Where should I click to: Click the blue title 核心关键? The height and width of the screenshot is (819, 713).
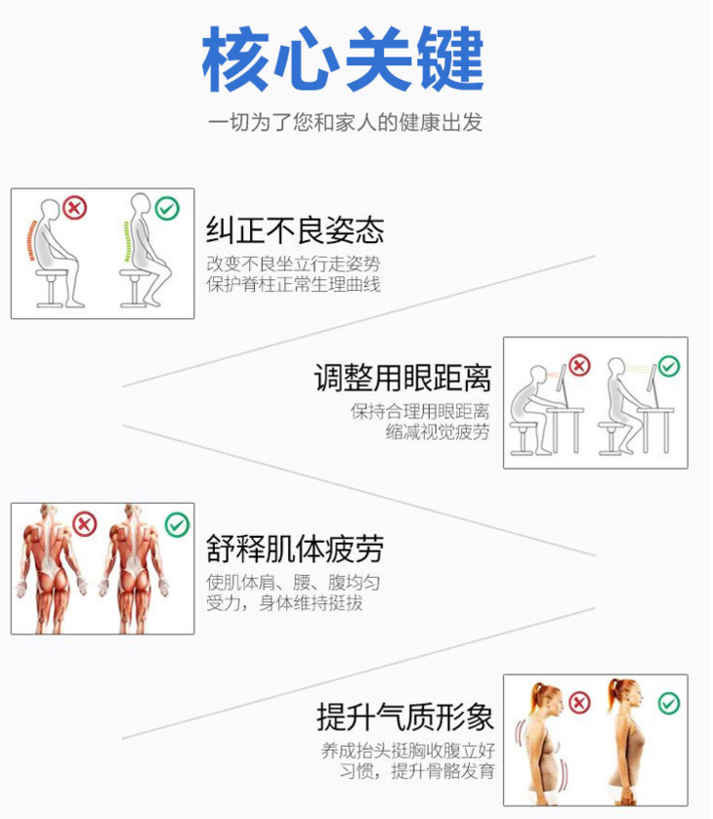(344, 59)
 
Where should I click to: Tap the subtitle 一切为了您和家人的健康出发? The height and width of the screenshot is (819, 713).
(345, 122)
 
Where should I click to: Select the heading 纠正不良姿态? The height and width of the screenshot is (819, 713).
(295, 229)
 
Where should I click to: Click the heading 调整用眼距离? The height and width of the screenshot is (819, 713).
(402, 378)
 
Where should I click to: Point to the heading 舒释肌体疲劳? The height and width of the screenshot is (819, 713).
(295, 549)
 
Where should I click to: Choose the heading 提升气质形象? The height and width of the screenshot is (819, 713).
(404, 717)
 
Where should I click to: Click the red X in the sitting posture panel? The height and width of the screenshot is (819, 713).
(75, 208)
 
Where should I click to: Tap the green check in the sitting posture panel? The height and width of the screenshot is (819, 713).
(167, 208)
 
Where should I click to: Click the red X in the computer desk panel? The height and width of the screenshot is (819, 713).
(579, 365)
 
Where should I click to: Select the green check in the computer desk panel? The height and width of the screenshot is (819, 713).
(669, 366)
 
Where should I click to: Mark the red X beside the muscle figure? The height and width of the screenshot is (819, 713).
(85, 524)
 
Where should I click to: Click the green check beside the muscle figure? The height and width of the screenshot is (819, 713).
(177, 524)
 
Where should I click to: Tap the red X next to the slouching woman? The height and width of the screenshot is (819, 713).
(579, 703)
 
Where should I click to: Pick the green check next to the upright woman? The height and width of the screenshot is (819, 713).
(669, 703)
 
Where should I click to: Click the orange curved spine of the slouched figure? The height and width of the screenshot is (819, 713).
(31, 240)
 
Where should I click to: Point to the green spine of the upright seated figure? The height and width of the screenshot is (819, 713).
(126, 241)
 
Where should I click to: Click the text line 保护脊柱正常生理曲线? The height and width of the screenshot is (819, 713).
(293, 285)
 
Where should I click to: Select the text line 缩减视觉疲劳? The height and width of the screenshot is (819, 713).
(438, 432)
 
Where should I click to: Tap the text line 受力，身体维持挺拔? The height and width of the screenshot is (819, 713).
(284, 602)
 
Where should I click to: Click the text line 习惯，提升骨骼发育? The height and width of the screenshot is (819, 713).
(417, 771)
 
